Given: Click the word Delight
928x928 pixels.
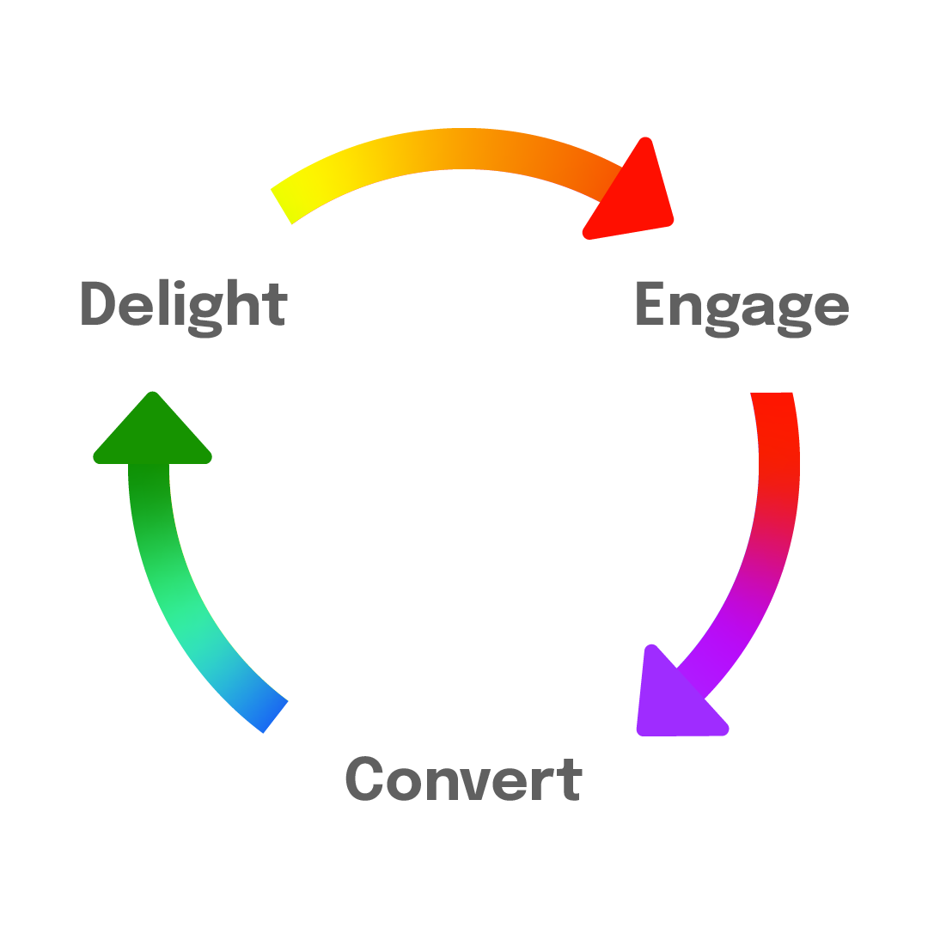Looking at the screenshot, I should pos(183,305).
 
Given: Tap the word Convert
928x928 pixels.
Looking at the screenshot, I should pos(463,778).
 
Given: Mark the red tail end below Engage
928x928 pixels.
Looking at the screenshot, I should pos(772,404).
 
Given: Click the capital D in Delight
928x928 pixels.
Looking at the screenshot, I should pos(97,303).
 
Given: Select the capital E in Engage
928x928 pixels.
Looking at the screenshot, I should pos(650,303).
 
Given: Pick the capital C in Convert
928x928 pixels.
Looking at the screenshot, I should pos(363,778).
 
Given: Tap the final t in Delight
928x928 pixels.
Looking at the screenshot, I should pos(275,305).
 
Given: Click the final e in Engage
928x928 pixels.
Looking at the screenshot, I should pos(832,310).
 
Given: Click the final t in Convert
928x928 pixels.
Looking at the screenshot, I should pos(570,779).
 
